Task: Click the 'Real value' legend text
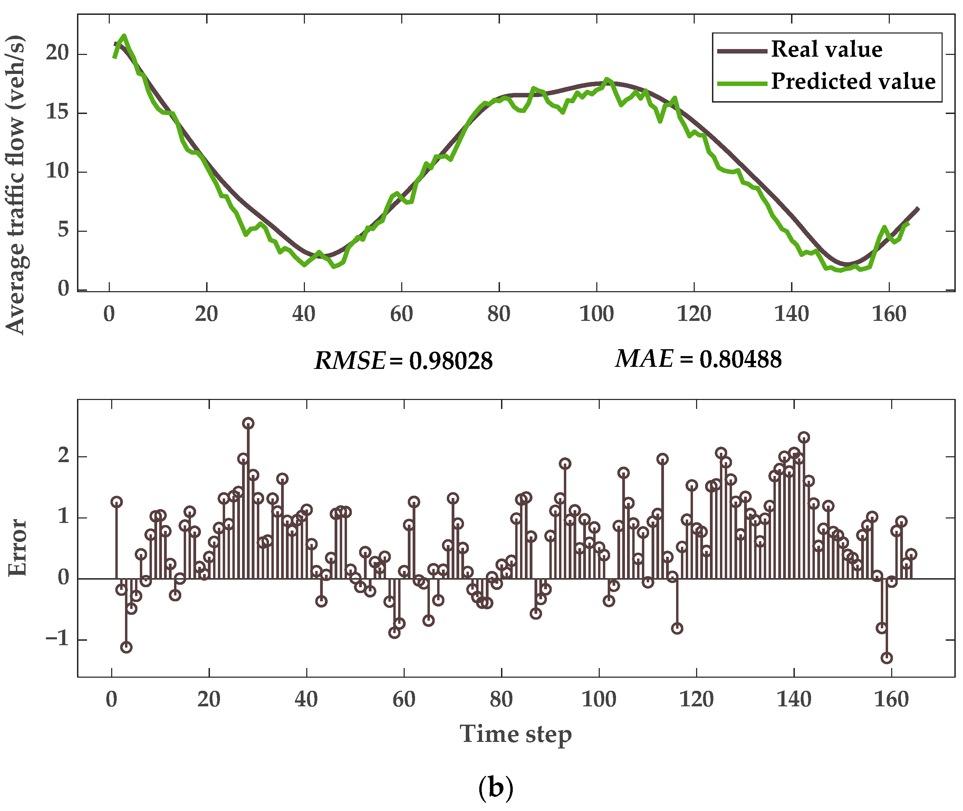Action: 827,49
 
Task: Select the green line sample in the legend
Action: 742,83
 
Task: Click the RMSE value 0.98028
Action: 451,361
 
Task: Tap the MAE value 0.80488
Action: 740,359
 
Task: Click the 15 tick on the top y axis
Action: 57,112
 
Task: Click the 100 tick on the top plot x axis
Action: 596,314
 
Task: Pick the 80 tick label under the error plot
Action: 501,700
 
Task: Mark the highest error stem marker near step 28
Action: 248,423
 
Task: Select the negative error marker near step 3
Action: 126,647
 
